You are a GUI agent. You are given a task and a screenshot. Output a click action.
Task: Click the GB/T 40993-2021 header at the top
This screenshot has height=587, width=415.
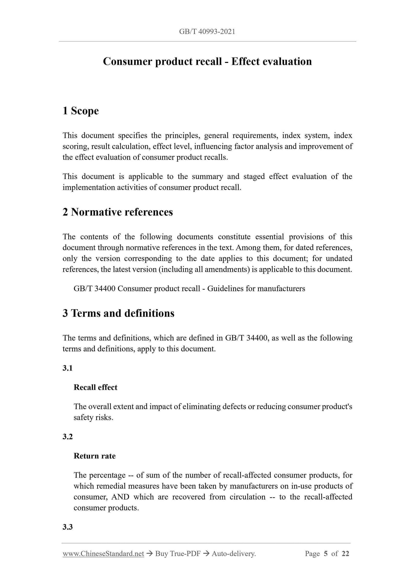tap(207, 32)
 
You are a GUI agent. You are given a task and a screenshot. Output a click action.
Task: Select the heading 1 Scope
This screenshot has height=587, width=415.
tap(81, 111)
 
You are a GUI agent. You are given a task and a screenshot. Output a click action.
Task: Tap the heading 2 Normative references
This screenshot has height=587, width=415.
tap(118, 212)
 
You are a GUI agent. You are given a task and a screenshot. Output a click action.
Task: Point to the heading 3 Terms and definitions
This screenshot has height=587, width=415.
tap(118, 313)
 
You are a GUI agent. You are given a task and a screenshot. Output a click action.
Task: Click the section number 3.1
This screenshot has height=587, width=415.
tap(68, 368)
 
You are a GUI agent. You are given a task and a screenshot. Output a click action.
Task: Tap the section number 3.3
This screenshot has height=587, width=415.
tap(68, 527)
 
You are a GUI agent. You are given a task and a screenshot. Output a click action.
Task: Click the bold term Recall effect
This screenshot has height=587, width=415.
tap(95, 387)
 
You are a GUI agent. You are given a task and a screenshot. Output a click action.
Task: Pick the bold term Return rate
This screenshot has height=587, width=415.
tap(95, 456)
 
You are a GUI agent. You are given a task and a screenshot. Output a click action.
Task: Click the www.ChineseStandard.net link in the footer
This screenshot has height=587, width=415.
tap(103, 554)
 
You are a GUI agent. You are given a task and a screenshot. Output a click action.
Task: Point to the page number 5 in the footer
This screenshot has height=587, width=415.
tap(325, 554)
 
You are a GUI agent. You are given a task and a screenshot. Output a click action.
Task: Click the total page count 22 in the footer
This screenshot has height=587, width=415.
tap(345, 554)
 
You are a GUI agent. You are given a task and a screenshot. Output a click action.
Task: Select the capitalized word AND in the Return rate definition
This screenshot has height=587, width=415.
tap(120, 497)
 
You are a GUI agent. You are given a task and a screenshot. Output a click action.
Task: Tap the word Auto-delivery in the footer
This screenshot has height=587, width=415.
tap(234, 554)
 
